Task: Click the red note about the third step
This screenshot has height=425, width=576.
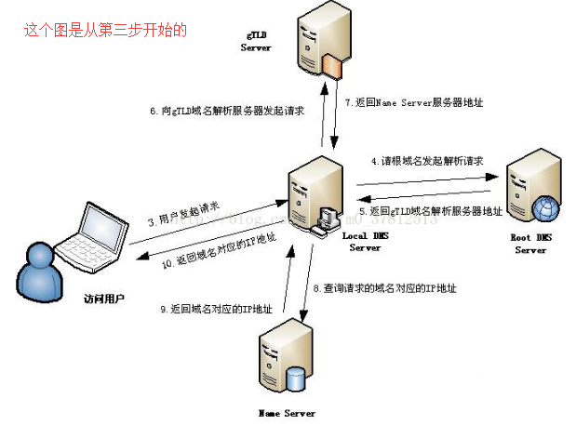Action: [x=105, y=30]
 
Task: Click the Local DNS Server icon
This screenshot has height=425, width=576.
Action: [x=311, y=195]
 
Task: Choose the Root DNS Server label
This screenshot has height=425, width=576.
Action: [x=531, y=244]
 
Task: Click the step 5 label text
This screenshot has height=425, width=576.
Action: [x=431, y=212]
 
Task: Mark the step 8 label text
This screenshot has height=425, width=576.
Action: [x=385, y=290]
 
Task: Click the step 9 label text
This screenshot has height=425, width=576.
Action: [x=211, y=309]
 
